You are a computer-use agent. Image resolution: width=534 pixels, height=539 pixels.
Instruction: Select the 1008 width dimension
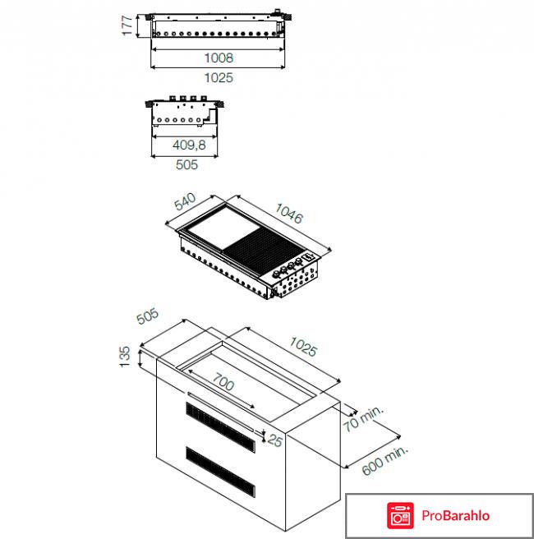pos(219,58)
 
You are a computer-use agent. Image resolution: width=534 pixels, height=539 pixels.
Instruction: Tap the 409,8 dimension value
pos(188,145)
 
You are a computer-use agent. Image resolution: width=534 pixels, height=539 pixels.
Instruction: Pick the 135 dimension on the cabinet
pos(125,357)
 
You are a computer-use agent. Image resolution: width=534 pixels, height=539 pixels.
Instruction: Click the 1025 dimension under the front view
pos(219,78)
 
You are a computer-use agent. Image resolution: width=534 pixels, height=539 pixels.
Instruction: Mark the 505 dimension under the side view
pos(188,165)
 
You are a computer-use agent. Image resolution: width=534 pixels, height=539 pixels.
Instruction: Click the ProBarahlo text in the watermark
pos(457,515)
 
